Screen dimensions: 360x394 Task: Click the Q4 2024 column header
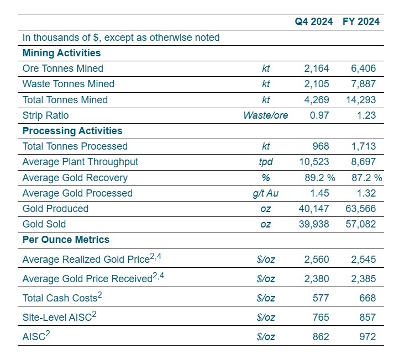click(314, 22)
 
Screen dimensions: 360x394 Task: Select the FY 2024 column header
click(361, 22)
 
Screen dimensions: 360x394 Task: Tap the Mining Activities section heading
click(61, 53)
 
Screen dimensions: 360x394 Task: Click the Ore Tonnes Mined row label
click(62, 68)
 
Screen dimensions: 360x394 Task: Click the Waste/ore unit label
click(265, 115)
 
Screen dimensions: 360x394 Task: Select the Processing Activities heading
click(72, 131)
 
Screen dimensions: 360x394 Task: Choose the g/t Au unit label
click(265, 193)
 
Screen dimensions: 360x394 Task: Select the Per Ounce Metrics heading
click(66, 240)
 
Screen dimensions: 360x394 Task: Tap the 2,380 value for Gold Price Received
click(317, 279)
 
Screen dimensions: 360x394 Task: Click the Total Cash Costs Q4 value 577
click(321, 298)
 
